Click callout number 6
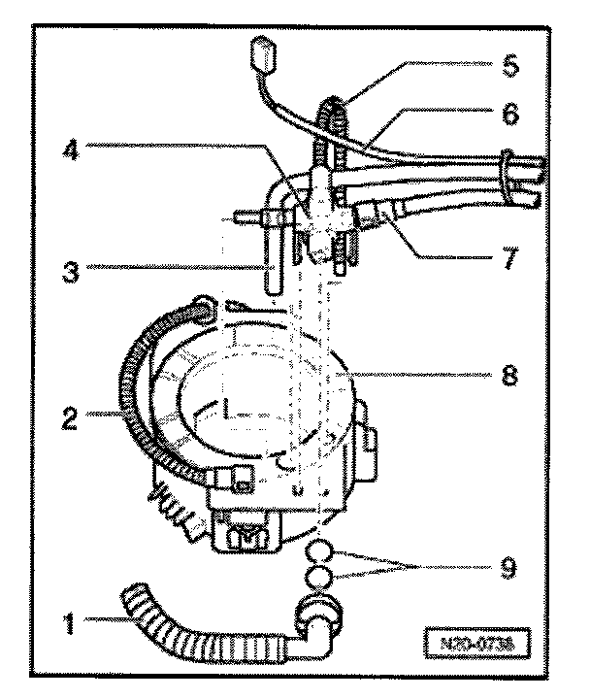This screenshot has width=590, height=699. click(512, 114)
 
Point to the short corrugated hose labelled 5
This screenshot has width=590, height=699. click(325, 126)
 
